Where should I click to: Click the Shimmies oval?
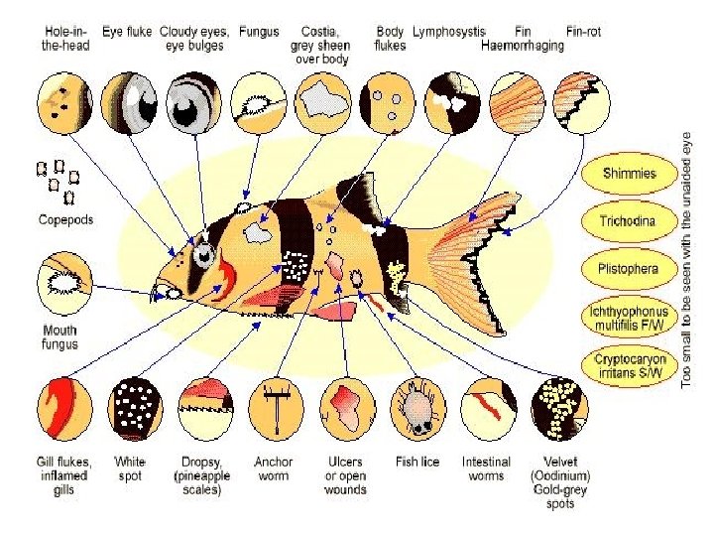(630, 174)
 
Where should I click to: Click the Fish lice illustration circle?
(418, 409)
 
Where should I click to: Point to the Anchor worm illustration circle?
(277, 409)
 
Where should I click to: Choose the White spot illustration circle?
(135, 409)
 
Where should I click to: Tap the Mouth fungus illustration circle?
(64, 284)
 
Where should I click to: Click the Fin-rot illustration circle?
(581, 103)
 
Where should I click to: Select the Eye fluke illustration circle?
(129, 103)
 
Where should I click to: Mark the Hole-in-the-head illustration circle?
(64, 103)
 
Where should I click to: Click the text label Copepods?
(65, 219)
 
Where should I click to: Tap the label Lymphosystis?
(449, 32)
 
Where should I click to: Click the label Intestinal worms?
(486, 469)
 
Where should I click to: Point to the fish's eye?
(203, 255)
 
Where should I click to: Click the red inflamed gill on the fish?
(225, 278)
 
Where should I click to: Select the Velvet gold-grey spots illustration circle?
(559, 409)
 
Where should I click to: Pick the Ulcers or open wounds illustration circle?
(348, 409)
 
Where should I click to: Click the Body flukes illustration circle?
(388, 103)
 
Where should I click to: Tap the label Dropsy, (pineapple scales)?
(201, 475)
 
